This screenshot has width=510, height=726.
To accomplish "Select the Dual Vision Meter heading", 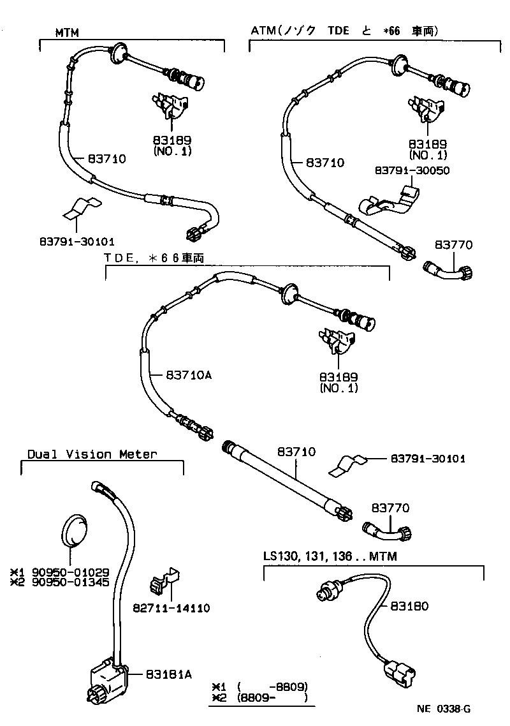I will click(x=92, y=454).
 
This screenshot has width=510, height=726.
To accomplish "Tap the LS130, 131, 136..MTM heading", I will click(x=330, y=556).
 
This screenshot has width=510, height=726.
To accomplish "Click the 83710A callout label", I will click(x=188, y=375).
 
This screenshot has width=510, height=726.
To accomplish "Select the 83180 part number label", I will click(x=411, y=606).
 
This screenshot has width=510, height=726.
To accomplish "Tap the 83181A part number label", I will click(x=168, y=673).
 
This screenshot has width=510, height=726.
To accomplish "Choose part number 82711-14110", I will click(x=171, y=608).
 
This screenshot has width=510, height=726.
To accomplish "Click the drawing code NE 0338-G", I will click(x=444, y=708).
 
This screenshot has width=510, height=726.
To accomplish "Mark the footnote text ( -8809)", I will click(x=272, y=686).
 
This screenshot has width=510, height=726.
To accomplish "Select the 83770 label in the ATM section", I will click(x=455, y=246).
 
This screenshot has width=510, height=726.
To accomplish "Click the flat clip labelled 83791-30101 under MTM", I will click(x=78, y=207).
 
